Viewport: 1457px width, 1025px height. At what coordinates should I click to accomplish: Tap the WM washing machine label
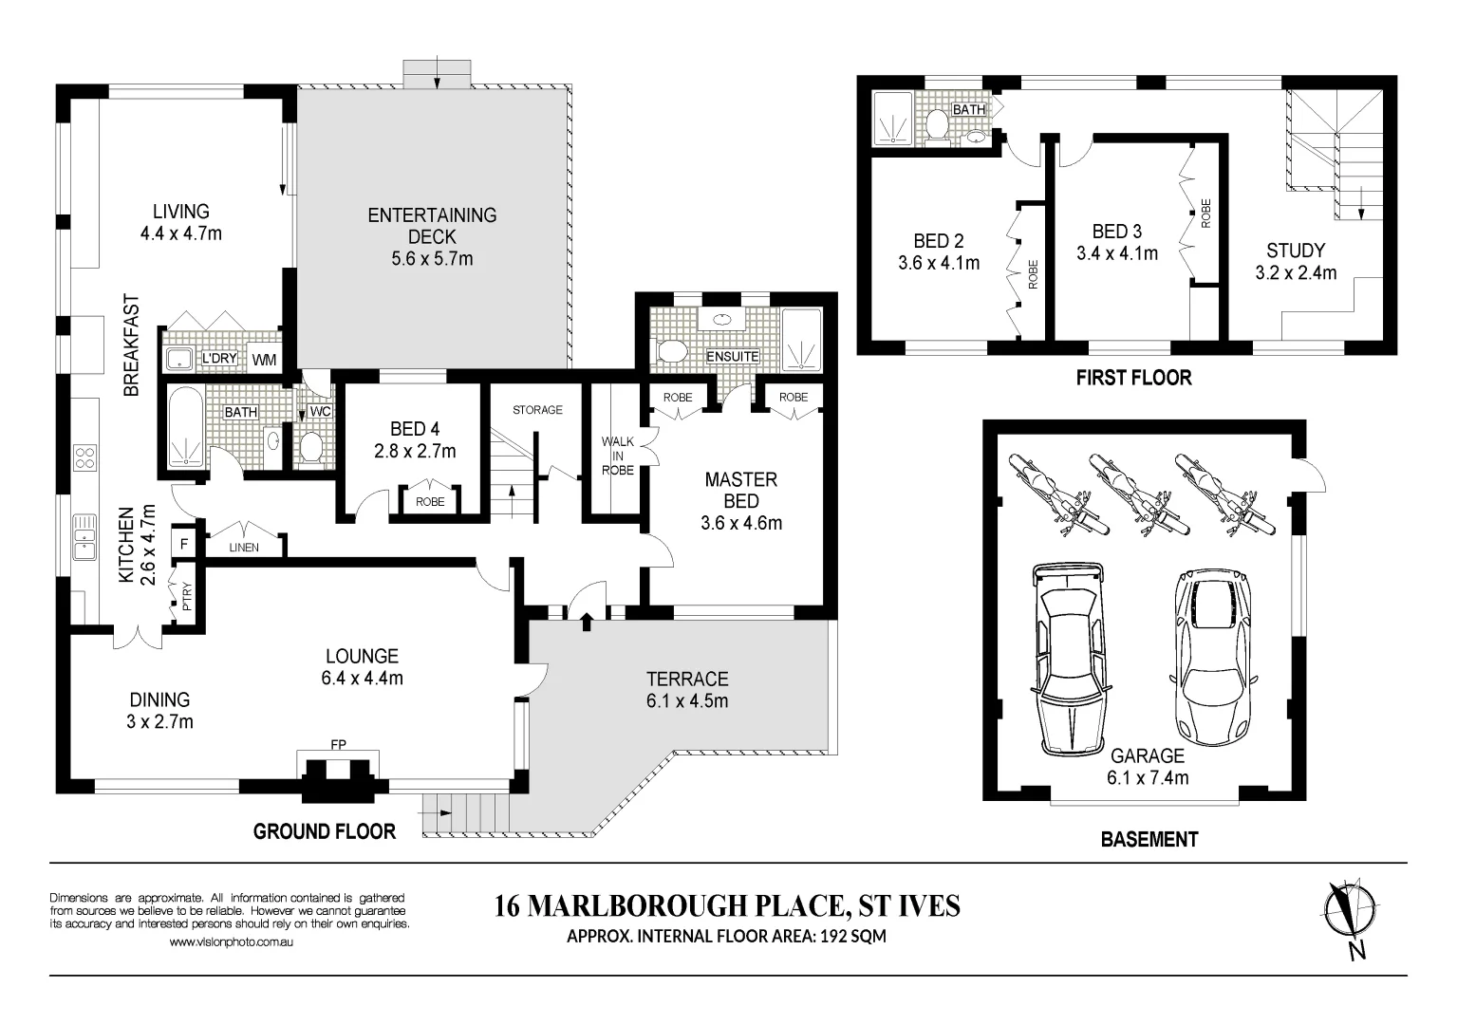[264, 360]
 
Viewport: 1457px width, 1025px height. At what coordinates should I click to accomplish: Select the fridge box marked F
[184, 543]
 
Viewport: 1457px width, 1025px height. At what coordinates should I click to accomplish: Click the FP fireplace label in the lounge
[338, 745]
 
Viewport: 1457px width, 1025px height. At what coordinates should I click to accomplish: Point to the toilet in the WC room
[312, 447]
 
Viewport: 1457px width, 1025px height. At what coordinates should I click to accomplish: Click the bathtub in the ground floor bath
[187, 427]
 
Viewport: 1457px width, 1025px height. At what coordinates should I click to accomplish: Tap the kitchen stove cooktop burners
[84, 457]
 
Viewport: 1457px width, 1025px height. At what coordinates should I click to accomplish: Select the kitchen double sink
[84, 537]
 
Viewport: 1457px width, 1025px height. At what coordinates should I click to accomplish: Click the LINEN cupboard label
[244, 548]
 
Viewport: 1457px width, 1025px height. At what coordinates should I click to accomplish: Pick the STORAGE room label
[537, 410]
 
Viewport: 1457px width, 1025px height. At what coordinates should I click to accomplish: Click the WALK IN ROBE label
[617, 456]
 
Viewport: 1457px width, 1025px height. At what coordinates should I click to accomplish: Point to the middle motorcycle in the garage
[1140, 494]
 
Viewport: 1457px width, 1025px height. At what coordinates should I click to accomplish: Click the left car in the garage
[1068, 659]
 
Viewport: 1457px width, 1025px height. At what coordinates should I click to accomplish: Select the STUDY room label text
[1296, 251]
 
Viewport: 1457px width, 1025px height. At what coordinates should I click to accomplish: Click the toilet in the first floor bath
[937, 125]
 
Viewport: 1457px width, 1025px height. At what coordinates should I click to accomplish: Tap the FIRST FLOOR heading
[1133, 377]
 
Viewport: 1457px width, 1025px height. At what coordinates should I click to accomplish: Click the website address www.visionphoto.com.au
[231, 941]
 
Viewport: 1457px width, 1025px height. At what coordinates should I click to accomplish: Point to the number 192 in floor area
[833, 936]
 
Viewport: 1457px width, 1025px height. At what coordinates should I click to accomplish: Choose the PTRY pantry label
[188, 596]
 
